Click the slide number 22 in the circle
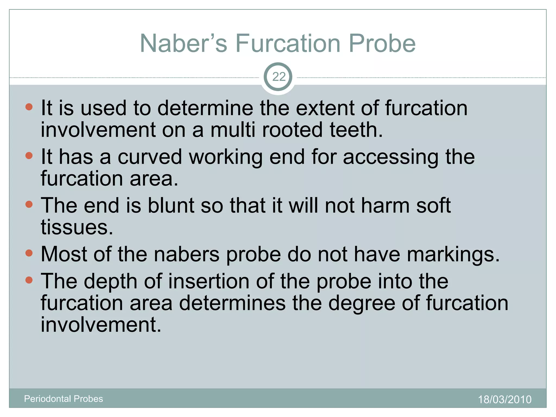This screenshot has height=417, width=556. (278, 77)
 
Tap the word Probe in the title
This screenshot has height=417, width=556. (382, 43)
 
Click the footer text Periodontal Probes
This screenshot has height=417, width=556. (64, 399)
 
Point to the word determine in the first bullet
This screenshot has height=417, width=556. (205, 108)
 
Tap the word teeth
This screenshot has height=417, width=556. (356, 130)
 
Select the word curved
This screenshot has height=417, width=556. (150, 157)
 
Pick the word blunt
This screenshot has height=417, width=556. (171, 206)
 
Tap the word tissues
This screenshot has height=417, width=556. (77, 228)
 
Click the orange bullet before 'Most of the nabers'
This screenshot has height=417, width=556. (29, 253)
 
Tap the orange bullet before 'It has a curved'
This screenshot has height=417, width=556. (29, 156)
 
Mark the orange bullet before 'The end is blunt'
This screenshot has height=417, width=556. (29, 204)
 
